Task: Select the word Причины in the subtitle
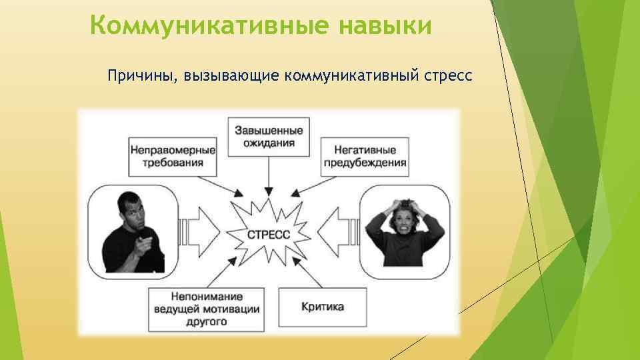(x=138, y=76)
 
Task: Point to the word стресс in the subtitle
(x=447, y=76)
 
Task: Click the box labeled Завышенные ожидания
(x=269, y=137)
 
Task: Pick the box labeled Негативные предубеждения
(x=365, y=156)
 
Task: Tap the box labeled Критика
(x=323, y=307)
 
